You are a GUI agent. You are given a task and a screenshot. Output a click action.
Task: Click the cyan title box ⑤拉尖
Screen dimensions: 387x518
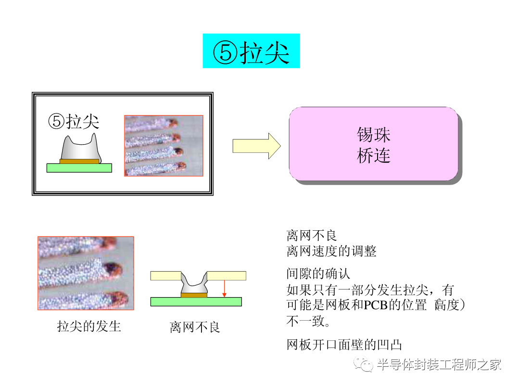(251, 51)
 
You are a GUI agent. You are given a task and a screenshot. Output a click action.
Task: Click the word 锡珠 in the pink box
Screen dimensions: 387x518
(373, 134)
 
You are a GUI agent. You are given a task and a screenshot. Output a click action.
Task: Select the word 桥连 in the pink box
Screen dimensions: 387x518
(373, 155)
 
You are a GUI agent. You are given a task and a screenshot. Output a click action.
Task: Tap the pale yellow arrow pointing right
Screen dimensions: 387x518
(256, 146)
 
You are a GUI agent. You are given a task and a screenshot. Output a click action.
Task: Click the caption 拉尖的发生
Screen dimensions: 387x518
(89, 326)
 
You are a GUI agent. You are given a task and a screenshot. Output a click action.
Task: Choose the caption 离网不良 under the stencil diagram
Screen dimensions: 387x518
(195, 327)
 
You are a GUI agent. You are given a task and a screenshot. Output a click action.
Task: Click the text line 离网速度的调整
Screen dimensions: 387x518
(331, 251)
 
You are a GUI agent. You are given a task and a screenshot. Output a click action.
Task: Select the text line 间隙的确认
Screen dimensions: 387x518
(318, 274)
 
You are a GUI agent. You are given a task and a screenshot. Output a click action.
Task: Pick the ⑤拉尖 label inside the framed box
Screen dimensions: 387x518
(74, 122)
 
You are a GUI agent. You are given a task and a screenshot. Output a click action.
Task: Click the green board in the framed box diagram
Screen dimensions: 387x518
(79, 168)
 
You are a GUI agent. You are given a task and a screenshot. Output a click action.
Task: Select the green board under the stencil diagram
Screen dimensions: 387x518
(196, 301)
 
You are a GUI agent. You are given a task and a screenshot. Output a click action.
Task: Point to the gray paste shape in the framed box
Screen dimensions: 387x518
(80, 148)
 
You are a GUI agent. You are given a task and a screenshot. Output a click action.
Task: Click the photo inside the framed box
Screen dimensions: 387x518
(164, 146)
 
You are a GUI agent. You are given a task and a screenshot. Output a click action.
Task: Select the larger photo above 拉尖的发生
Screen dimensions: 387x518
(86, 273)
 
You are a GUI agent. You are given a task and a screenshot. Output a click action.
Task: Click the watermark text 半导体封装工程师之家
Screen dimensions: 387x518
(439, 365)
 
